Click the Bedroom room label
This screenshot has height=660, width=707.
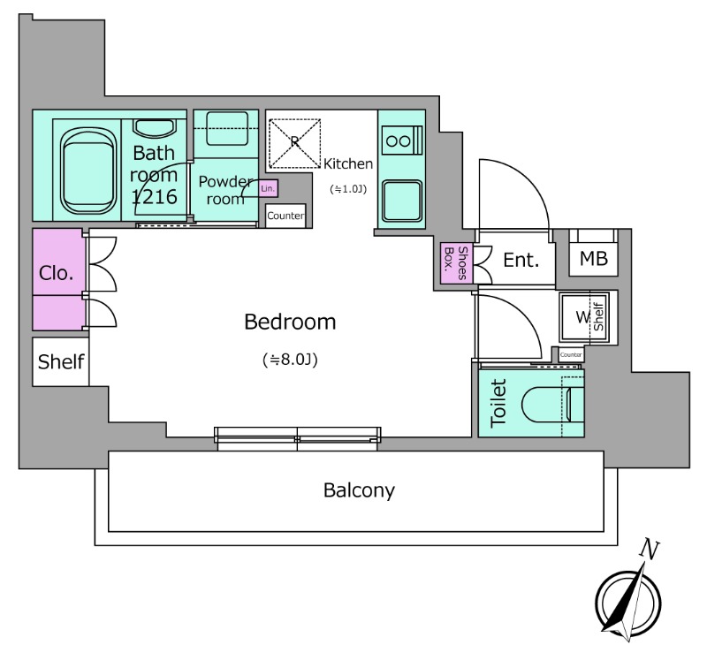point(290,322)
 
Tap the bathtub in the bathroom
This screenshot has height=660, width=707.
point(86,165)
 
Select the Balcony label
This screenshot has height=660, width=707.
point(358,489)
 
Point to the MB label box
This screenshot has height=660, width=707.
point(592,258)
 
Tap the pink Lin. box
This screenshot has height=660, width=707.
point(269,188)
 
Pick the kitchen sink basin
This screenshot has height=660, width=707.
point(400,196)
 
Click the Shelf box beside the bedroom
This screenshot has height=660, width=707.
point(61,361)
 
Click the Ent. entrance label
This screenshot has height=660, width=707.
point(521,260)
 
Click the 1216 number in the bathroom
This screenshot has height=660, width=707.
point(155,196)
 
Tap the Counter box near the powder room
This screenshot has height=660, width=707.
point(286,216)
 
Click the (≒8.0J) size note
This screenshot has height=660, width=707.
point(290,360)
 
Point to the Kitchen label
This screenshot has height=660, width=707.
point(348,163)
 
